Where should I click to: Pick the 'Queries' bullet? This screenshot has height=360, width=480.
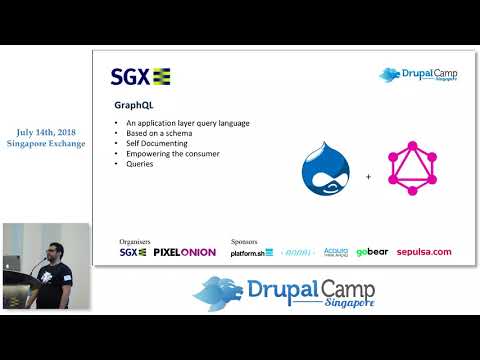141,163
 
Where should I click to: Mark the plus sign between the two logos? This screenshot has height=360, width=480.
368,176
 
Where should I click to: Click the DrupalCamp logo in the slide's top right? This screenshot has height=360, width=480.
418,75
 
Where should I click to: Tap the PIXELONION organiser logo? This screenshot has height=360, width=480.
183,252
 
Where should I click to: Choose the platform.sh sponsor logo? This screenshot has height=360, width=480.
252,252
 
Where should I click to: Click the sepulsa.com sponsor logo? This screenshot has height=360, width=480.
424,252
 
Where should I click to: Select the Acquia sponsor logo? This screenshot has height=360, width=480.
335,252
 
